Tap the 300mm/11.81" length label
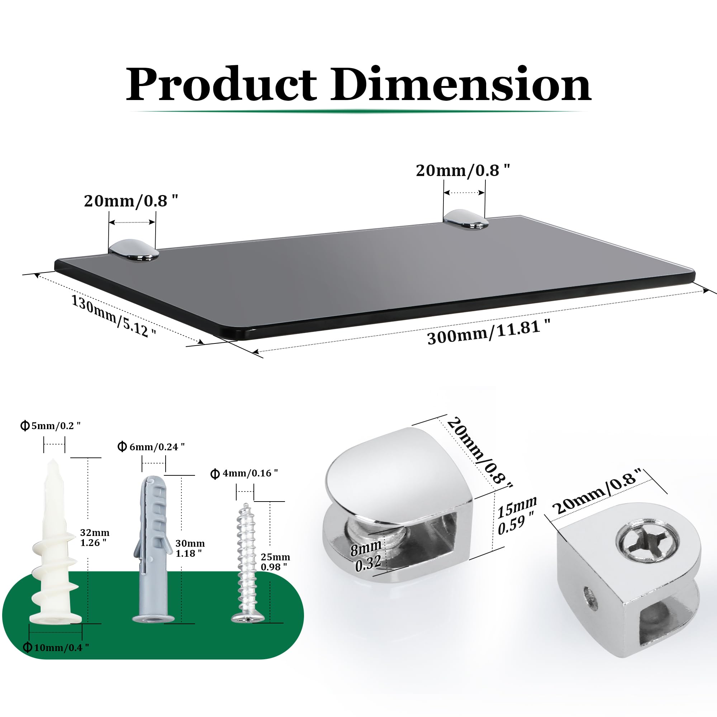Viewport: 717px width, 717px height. [x=489, y=332]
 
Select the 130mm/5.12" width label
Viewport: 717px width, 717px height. [x=114, y=316]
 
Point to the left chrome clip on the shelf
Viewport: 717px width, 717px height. [x=134, y=250]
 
